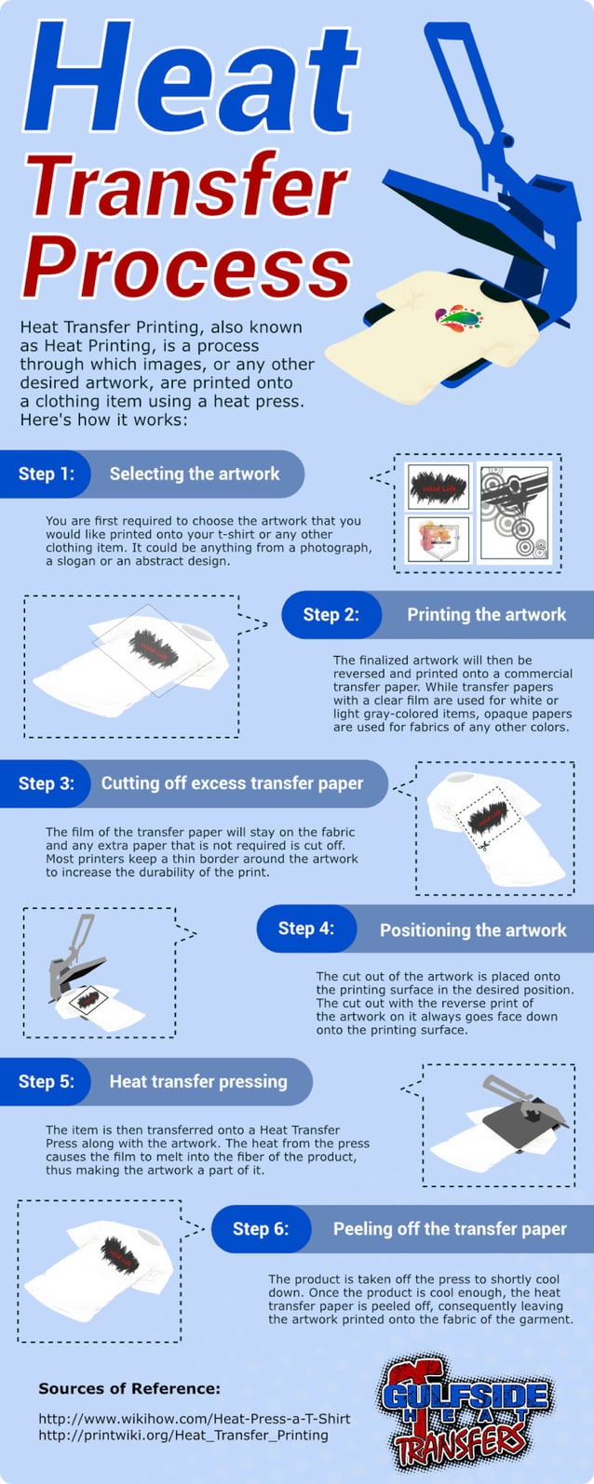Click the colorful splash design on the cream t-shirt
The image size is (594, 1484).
(x=459, y=319)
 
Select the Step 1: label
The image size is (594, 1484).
(x=46, y=474)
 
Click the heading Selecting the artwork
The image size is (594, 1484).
(x=195, y=474)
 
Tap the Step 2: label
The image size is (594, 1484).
(x=331, y=615)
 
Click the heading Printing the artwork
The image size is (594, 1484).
(x=486, y=615)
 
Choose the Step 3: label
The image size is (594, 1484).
(x=46, y=783)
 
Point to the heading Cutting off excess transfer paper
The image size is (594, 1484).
(x=232, y=783)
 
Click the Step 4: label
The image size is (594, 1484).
(x=305, y=929)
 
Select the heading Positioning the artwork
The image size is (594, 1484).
(x=473, y=929)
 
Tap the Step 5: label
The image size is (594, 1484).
(x=46, y=1081)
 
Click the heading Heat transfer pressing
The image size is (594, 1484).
(x=198, y=1081)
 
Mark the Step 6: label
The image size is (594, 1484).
(x=260, y=1229)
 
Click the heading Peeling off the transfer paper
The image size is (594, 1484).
(x=450, y=1229)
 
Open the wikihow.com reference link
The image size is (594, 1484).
(x=194, y=1418)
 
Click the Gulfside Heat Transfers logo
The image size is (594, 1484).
(x=466, y=1411)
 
